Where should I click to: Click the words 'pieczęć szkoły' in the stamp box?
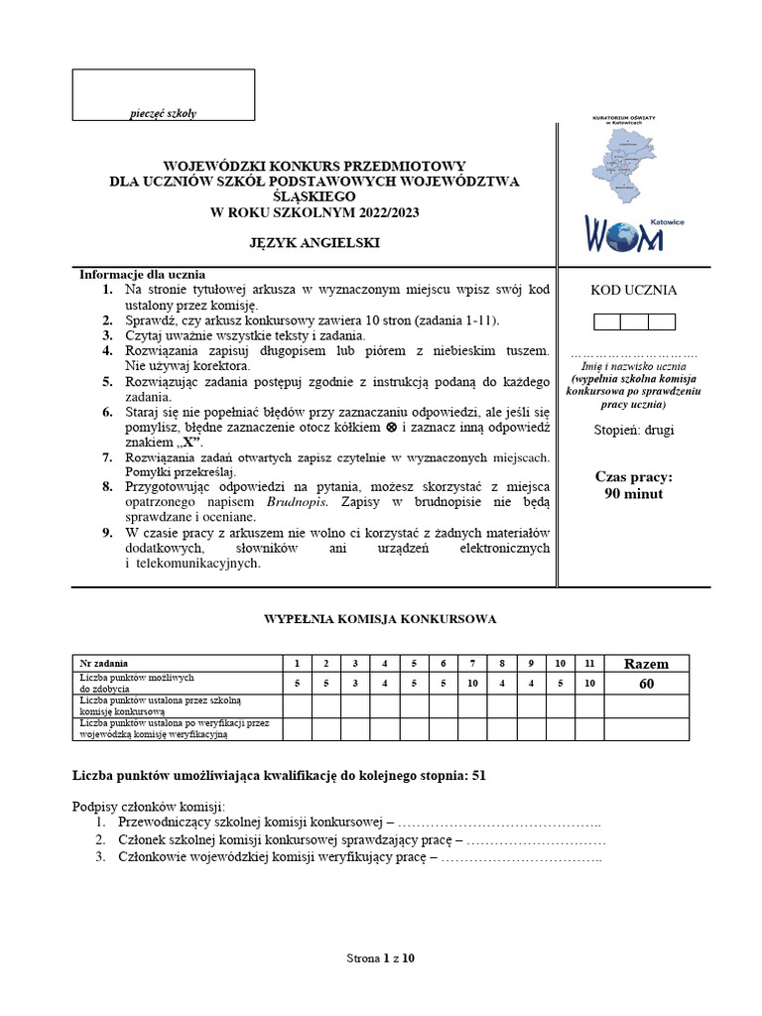pyautogui.click(x=164, y=113)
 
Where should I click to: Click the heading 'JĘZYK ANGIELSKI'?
pyautogui.click(x=314, y=242)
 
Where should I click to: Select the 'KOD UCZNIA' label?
pyautogui.click(x=634, y=291)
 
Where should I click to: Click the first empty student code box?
pyautogui.click(x=607, y=321)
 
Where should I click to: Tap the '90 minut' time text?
pyautogui.click(x=634, y=493)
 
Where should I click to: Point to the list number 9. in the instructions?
pyautogui.click(x=106, y=533)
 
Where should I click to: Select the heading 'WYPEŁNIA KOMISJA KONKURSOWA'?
pyautogui.click(x=380, y=619)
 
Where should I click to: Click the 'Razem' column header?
pyautogui.click(x=646, y=664)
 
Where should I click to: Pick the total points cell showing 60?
pyautogui.click(x=646, y=684)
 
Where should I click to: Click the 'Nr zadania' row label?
pyautogui.click(x=104, y=663)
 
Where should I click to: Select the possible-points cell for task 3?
pyautogui.click(x=354, y=684)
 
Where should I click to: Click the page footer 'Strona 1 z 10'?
pyautogui.click(x=380, y=958)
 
